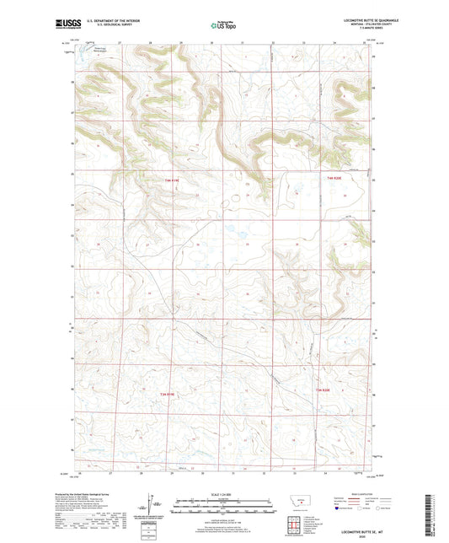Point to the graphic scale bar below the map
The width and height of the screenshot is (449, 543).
point(223,508)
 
